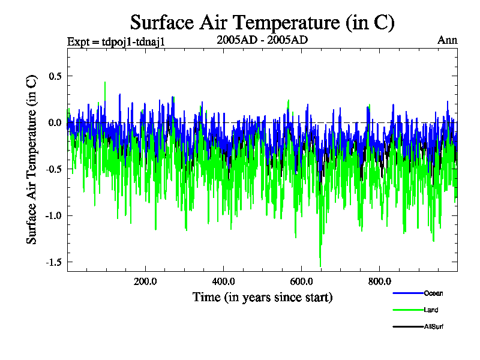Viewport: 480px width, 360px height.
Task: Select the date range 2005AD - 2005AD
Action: click(262, 41)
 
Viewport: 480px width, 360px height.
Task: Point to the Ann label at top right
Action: click(448, 41)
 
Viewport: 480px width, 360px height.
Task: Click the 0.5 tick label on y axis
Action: click(55, 76)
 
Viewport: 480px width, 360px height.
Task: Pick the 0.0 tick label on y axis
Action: click(55, 123)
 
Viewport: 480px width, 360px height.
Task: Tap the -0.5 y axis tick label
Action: click(53, 169)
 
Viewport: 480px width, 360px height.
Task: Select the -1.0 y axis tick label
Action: click(53, 215)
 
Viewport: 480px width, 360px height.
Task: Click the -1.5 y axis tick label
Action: click(53, 262)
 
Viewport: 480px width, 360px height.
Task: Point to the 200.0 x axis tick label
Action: click(145, 281)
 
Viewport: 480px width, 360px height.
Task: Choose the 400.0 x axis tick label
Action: click(223, 281)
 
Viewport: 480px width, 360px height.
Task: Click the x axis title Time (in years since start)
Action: click(262, 297)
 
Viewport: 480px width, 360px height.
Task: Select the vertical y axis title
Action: click(32, 158)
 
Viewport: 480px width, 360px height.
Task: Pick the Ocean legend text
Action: click(433, 293)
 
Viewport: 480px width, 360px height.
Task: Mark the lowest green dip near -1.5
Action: click(320, 266)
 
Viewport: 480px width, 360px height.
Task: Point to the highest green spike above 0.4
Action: click(105, 82)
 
